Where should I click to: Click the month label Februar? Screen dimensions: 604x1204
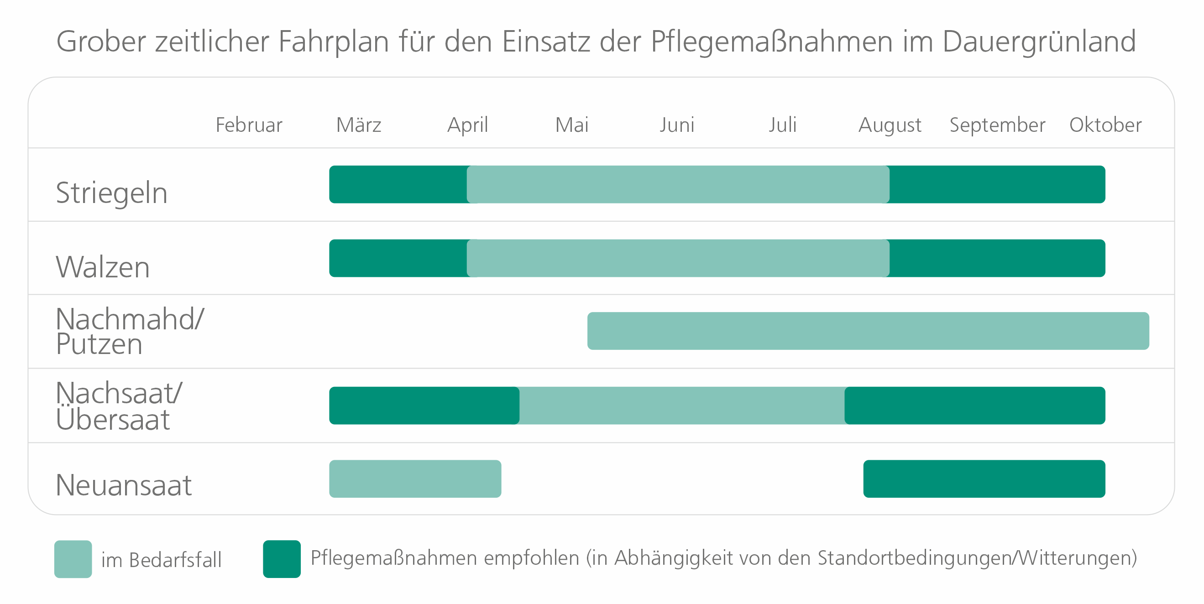click(249, 125)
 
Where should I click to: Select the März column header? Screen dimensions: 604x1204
click(358, 125)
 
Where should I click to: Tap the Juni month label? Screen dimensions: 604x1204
click(677, 125)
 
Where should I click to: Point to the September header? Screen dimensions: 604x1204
click(997, 125)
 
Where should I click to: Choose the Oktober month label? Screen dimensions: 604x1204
click(1105, 125)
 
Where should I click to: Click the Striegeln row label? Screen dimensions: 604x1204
click(111, 193)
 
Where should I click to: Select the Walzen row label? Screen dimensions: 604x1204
click(103, 267)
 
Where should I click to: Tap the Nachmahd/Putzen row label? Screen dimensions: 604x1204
click(130, 331)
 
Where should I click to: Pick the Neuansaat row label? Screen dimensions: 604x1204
click(123, 485)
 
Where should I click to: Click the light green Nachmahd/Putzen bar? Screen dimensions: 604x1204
click(868, 331)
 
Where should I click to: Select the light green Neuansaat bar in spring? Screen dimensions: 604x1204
click(415, 479)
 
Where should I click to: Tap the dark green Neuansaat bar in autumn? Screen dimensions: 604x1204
click(984, 479)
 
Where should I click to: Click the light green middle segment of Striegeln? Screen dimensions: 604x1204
click(678, 184)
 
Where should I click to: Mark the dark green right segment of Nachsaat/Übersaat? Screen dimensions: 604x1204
click(974, 406)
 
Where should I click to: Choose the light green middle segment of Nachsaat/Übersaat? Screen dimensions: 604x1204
click(681, 406)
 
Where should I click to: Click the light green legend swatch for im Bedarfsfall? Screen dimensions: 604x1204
click(73, 559)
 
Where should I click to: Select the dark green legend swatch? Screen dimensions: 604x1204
click(282, 559)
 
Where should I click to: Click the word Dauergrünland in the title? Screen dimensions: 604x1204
click(1038, 42)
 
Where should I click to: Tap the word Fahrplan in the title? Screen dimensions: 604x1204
click(334, 42)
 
